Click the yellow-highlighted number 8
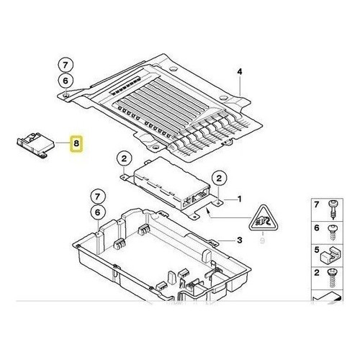click(x=76, y=143)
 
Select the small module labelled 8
click(x=35, y=145)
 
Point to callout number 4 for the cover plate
click(x=240, y=72)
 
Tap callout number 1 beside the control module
click(x=239, y=199)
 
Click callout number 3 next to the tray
click(x=240, y=240)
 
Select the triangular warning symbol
click(x=264, y=218)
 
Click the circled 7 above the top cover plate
click(x=66, y=65)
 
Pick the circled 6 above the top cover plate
click(x=66, y=81)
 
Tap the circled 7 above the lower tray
click(x=97, y=197)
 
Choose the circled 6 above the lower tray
click(x=97, y=212)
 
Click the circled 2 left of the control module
click(x=124, y=158)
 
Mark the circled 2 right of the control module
click(x=219, y=179)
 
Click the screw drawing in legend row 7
click(x=333, y=210)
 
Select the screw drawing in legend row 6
click(x=333, y=233)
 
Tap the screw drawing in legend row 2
click(x=332, y=279)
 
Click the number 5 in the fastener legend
click(x=317, y=250)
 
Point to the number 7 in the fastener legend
click(x=317, y=204)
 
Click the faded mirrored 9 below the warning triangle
click(x=262, y=240)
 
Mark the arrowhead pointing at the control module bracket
click(x=208, y=211)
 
